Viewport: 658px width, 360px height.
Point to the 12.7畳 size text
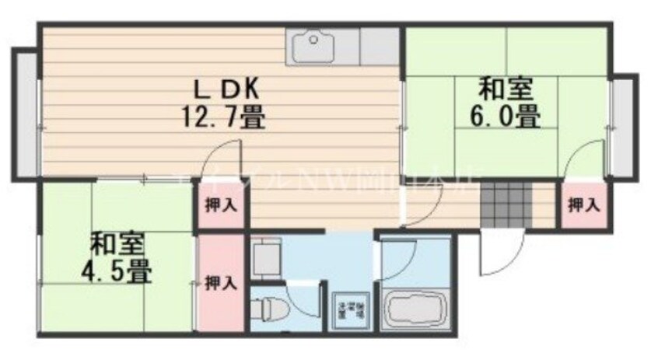pos(222,118)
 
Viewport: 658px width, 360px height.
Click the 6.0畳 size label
pos(505,117)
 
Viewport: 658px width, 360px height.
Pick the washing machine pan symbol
pos(350,311)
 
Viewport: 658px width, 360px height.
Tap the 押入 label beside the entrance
pos(583,205)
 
